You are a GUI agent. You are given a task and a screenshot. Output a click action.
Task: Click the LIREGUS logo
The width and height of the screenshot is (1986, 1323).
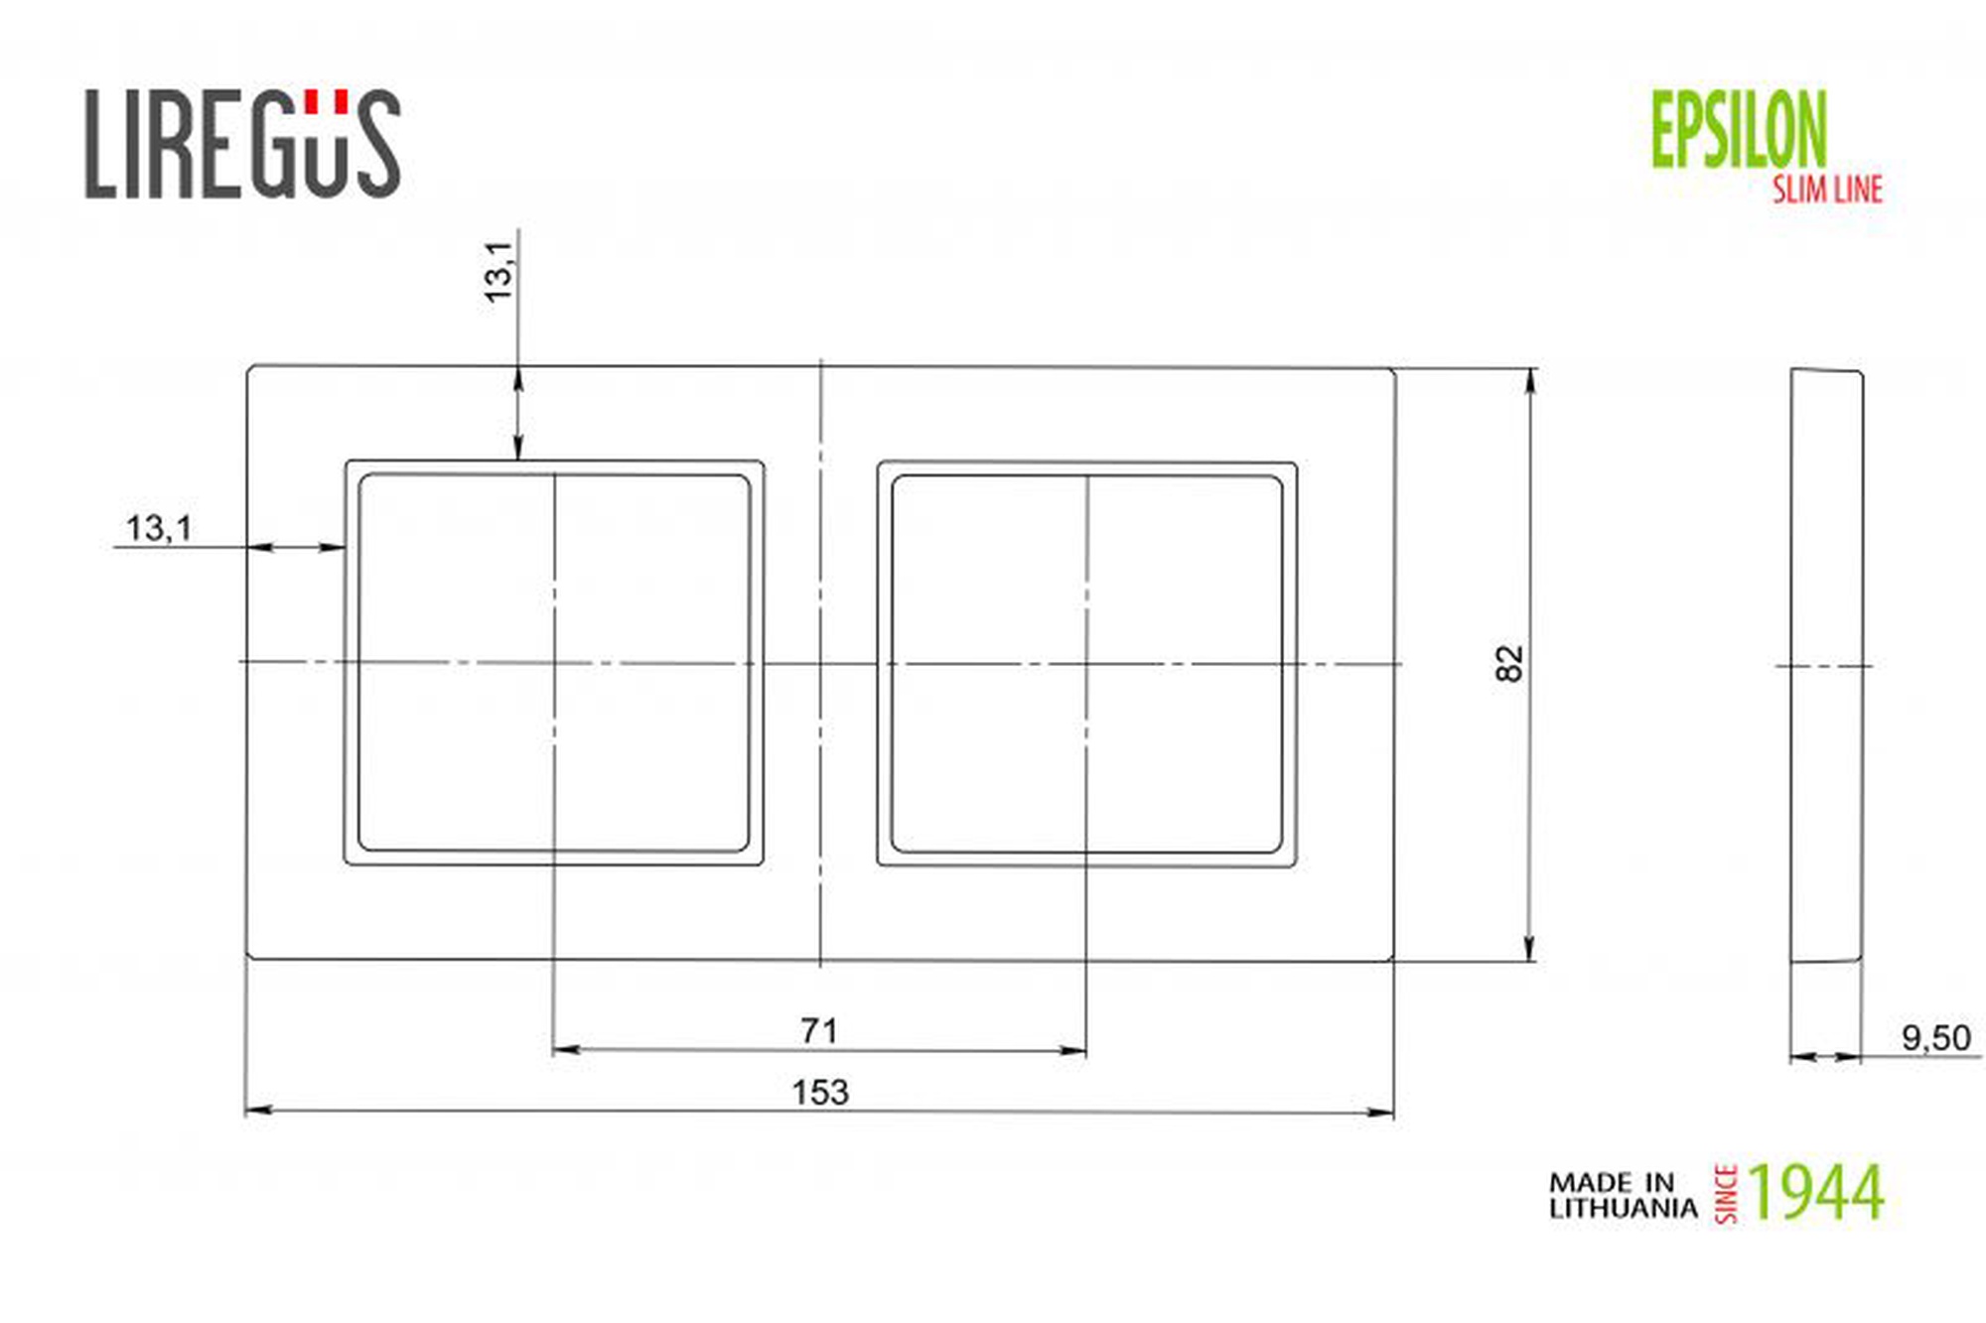point(242,144)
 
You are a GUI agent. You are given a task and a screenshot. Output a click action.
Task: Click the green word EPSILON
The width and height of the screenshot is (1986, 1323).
point(1739,129)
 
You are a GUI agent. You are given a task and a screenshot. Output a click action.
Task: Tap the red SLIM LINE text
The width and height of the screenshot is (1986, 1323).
point(1828,189)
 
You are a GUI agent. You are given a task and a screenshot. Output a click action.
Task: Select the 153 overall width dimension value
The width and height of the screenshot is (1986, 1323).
point(820,1092)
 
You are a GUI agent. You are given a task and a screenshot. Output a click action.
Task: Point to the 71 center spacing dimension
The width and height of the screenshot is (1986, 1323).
point(819,1030)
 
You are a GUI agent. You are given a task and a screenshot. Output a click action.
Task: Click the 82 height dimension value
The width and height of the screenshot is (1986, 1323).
point(1508,663)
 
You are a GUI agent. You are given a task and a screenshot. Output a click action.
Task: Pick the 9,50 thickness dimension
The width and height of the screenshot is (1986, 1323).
point(1935,1037)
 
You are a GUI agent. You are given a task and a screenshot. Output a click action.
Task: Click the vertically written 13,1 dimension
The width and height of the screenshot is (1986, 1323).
point(498,271)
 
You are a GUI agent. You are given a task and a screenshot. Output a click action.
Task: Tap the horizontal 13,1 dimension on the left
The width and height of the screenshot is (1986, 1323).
point(159,528)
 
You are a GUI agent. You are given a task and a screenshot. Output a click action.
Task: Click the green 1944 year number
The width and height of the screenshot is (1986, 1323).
point(1816,1192)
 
